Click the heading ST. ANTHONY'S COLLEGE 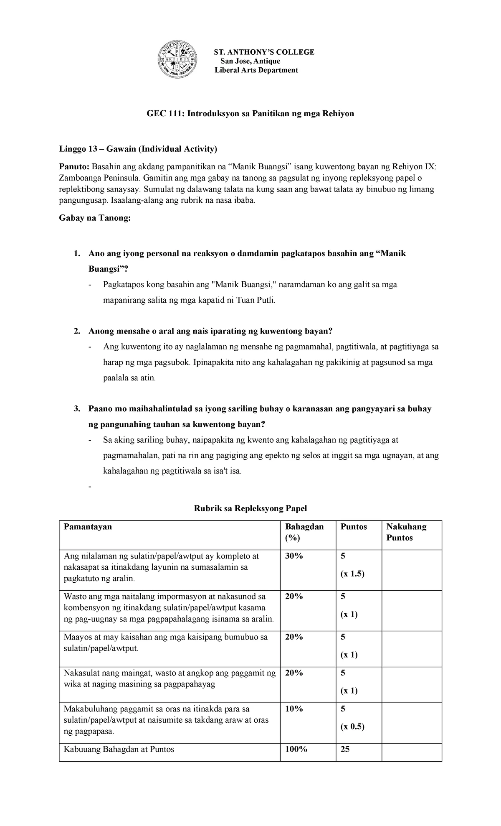pos(264,52)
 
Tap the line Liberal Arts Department pos(256,70)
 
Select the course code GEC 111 pos(158,114)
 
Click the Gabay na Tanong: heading pos(95,218)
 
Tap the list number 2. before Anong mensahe pos(76,331)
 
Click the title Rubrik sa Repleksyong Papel pos(250,508)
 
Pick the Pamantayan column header pos(88,527)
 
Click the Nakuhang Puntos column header pos(406,532)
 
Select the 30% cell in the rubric pos(294,556)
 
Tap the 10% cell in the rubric pos(294,709)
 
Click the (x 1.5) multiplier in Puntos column pos(352,574)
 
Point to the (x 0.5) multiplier pos(352,727)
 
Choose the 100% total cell pos(296,750)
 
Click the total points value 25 pos(345,750)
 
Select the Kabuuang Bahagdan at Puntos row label pos(119,750)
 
